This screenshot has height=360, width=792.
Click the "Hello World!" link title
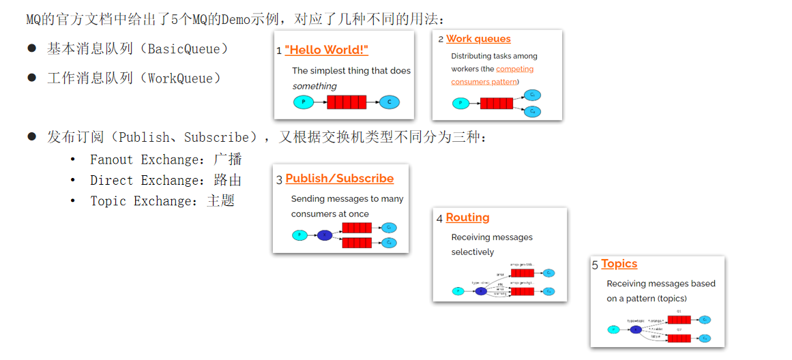327,50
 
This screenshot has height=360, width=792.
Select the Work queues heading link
478,39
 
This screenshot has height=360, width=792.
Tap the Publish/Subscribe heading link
340,179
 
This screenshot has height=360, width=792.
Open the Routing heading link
467,217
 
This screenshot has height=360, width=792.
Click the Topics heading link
619,264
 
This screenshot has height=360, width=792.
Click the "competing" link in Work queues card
515,69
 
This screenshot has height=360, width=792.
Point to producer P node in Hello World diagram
303,102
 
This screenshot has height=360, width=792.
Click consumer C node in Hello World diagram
389,102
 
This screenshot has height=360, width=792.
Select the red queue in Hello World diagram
347,102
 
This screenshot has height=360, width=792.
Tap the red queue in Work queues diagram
497,104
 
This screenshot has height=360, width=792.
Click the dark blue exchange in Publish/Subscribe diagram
325,235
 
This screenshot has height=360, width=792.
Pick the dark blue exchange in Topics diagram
636,329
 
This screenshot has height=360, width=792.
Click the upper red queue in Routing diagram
523,273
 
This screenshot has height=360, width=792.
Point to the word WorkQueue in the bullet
180,78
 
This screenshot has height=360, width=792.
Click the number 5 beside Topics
595,265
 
